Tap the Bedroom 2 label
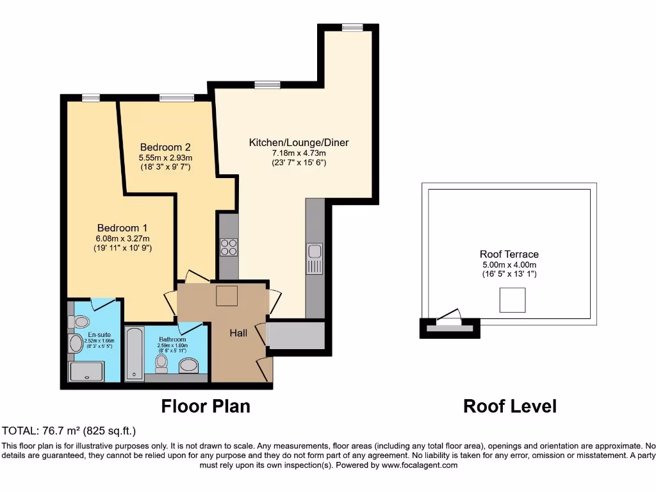coord(165,147)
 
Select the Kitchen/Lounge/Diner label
coord(299,142)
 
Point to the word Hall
coord(239,333)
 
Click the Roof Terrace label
coord(509,254)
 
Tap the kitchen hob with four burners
coord(229,247)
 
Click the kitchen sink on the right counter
coord(314,258)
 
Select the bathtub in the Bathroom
coord(134,354)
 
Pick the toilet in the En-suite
coord(81,322)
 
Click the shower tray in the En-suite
coord(86,372)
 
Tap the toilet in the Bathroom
coord(161,363)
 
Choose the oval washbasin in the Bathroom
coord(189,365)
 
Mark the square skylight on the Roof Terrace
coord(512,300)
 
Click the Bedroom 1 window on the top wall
coord(91,98)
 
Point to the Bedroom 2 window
coord(176,98)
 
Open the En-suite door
coord(102,304)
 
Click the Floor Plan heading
coord(206,406)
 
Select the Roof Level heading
coord(510,406)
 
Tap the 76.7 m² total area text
coord(69,430)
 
